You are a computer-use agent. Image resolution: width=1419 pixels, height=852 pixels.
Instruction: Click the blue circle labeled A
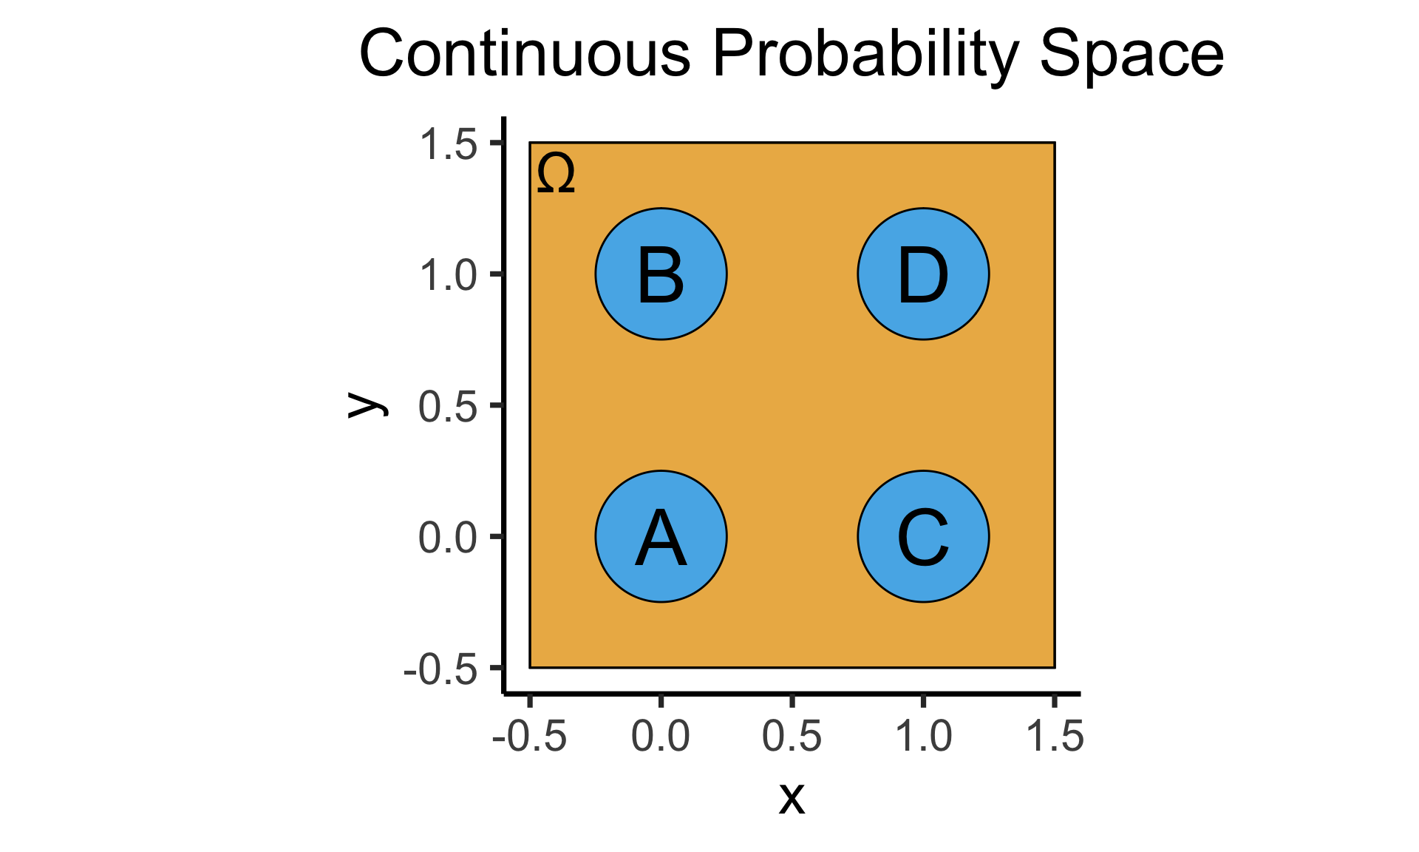coord(661,536)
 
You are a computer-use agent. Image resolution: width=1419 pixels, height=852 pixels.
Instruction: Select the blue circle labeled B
coord(661,274)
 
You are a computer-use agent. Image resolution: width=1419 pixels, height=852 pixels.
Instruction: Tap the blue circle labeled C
coord(923,536)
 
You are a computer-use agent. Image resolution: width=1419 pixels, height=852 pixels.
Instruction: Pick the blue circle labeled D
coord(923,274)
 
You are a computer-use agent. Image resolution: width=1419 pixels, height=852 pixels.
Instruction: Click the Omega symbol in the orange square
coord(556,174)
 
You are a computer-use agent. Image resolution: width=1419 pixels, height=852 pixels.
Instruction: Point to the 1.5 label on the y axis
coord(449,143)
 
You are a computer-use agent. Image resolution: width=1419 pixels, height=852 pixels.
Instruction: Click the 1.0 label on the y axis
coord(449,275)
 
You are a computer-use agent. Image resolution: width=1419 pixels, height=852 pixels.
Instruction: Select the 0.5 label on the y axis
coord(448,406)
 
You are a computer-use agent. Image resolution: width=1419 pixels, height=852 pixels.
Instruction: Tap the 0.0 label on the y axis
coord(448,538)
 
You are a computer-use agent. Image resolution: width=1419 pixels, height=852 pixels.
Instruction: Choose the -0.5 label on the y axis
coord(440,670)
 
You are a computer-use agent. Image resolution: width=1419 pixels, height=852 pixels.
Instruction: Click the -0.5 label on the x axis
coord(529,736)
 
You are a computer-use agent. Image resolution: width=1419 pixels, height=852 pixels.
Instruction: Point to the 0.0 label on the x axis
coord(661,736)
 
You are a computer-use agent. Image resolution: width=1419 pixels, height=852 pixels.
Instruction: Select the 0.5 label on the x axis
coord(792,736)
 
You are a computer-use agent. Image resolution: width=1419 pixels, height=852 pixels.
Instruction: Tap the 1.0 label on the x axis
coord(924,736)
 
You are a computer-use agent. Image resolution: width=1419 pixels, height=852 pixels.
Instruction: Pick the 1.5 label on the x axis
coord(1055,736)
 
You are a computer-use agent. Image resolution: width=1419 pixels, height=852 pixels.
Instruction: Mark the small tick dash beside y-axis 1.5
coord(497,142)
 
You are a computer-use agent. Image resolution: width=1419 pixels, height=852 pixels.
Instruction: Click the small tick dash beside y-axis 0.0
coord(497,536)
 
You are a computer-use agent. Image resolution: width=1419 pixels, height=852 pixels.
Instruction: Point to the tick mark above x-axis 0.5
coord(792,700)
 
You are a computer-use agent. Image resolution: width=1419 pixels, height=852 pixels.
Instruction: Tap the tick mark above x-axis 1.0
coord(923,700)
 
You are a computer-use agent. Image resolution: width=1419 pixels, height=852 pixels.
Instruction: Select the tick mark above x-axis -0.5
coord(530,700)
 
